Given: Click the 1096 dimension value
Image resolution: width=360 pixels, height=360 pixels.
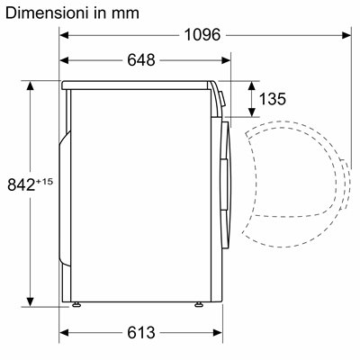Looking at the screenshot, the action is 202,35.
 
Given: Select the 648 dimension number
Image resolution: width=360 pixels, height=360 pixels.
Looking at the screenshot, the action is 141,60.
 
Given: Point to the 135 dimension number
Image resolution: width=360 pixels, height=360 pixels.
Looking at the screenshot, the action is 273,99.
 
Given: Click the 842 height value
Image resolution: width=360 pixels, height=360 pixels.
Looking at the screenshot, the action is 21,184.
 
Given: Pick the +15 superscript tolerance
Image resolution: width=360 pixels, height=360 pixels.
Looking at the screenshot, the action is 44,182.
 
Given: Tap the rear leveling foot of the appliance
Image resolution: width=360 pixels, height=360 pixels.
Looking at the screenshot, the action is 76,304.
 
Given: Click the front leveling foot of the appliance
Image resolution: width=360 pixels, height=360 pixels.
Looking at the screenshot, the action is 198,304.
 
